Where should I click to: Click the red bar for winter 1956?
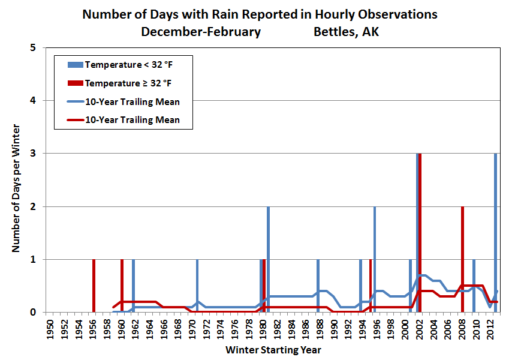pyautogui.click(x=94, y=286)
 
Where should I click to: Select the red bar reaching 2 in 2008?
pyautogui.click(x=462, y=259)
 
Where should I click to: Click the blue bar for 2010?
pyautogui.click(x=474, y=286)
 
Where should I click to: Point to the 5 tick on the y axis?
pyautogui.click(x=39, y=48)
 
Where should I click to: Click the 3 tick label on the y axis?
pyautogui.click(x=39, y=154)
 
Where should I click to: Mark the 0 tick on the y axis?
pyautogui.click(x=39, y=313)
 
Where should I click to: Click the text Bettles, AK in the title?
pyautogui.click(x=346, y=32)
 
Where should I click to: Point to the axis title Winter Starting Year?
pyautogui.click(x=273, y=350)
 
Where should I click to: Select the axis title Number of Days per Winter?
pyautogui.click(x=17, y=189)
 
